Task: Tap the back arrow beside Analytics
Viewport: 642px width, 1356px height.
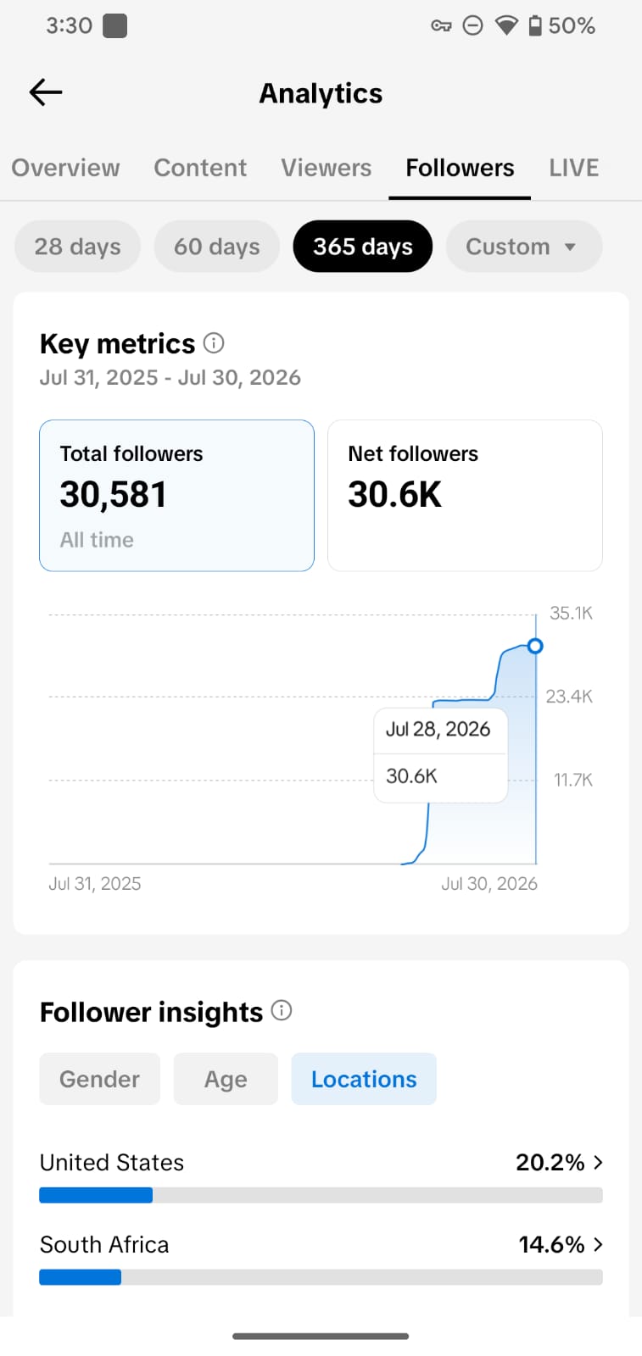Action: click(x=46, y=92)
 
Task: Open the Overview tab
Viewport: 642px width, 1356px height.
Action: click(x=65, y=168)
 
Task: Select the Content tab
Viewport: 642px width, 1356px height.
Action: click(x=200, y=168)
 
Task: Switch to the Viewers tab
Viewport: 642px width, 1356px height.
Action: click(x=326, y=168)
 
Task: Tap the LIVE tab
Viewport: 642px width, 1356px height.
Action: click(x=573, y=168)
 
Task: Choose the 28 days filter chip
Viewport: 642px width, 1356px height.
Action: click(x=77, y=247)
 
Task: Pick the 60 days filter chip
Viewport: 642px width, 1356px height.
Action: click(x=217, y=247)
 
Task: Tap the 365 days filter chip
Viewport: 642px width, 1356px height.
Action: click(x=363, y=247)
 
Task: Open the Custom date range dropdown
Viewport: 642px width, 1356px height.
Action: click(x=524, y=247)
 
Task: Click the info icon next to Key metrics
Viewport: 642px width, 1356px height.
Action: click(x=213, y=343)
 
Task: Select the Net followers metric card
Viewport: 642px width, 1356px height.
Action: click(x=465, y=495)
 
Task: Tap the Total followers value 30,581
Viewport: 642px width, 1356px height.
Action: click(x=114, y=495)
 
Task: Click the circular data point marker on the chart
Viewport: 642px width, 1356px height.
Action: click(x=535, y=646)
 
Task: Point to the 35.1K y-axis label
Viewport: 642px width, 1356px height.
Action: click(x=571, y=614)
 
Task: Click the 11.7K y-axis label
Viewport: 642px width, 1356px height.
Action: click(x=573, y=780)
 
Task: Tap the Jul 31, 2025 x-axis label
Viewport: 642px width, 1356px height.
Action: click(x=94, y=884)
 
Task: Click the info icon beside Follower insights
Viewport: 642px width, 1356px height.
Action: click(x=281, y=1010)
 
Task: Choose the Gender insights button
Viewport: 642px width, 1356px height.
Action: click(x=100, y=1079)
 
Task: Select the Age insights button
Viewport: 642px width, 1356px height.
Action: click(x=226, y=1079)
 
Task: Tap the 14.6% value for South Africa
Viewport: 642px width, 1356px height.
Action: click(x=551, y=1245)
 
